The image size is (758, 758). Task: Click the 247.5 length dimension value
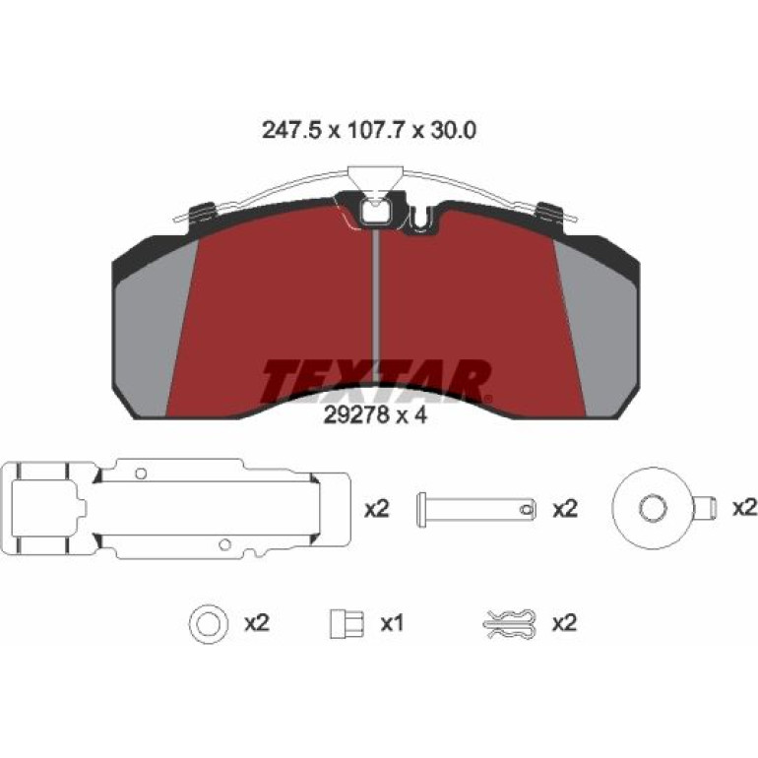[291, 131]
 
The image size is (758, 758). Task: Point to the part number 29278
[356, 415]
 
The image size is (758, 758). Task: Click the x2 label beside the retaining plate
[377, 509]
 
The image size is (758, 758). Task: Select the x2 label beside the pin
[565, 509]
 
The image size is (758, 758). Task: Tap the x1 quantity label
[392, 623]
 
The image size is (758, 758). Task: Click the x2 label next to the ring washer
[257, 623]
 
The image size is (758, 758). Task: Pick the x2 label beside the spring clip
[565, 623]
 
